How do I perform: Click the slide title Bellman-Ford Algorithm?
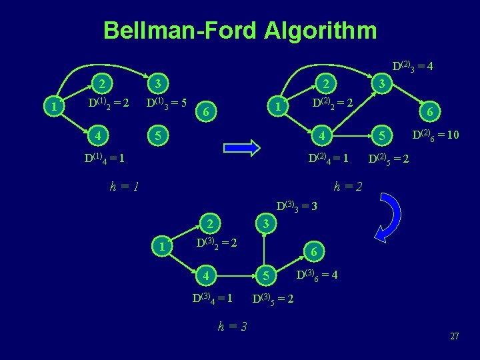[x=240, y=30]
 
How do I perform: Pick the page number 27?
[x=454, y=336]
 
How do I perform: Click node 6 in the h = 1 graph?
[x=207, y=113]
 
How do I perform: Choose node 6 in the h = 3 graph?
[x=315, y=252]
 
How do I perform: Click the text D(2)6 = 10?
[x=434, y=135]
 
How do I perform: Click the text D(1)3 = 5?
[x=166, y=104]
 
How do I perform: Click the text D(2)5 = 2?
[x=390, y=161]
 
